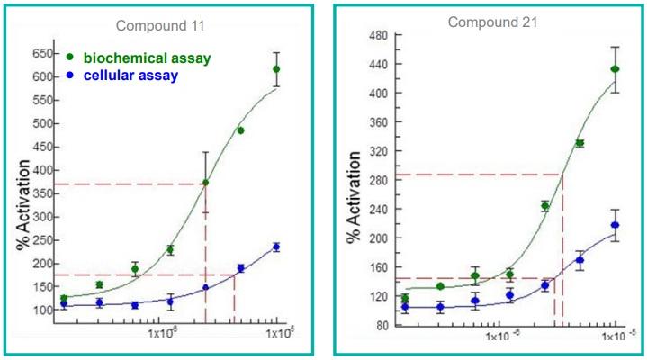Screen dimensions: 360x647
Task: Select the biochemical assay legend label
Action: pos(148,58)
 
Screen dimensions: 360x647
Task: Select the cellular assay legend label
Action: pos(130,76)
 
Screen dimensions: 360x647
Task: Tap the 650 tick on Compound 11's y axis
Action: pos(40,54)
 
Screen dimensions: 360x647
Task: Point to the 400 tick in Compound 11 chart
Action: pos(40,170)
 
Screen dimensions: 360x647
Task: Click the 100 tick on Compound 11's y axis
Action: pos(40,310)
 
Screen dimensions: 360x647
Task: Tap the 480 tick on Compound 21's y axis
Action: pos(377,36)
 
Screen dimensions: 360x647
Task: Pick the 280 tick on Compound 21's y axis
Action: pos(377,181)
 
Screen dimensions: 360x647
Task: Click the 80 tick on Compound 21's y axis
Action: pos(380,325)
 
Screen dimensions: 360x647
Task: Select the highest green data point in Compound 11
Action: pos(276,69)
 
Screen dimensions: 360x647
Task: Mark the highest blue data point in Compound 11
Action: pos(276,247)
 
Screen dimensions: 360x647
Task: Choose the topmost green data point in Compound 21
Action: pos(615,69)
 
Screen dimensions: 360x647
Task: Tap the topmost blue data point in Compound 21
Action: pos(615,225)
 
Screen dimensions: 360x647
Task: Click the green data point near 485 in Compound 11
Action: pos(240,130)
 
